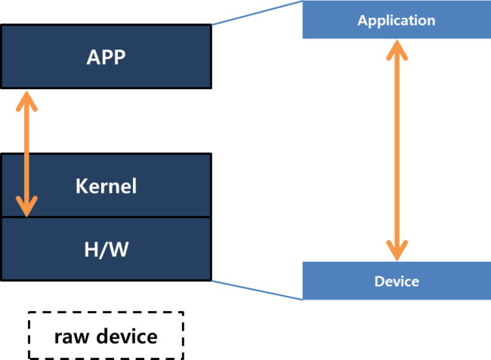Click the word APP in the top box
pyautogui.click(x=106, y=57)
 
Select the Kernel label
pyautogui.click(x=106, y=186)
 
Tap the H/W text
pyautogui.click(x=106, y=249)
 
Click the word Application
pyautogui.click(x=397, y=20)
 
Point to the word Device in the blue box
pyautogui.click(x=397, y=282)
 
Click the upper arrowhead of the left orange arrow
pyautogui.click(x=27, y=99)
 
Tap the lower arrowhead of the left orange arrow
pyautogui.click(x=27, y=208)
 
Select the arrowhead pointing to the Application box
pyautogui.click(x=397, y=49)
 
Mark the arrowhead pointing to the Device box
pyautogui.click(x=397, y=251)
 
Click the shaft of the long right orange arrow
pyautogui.click(x=397, y=151)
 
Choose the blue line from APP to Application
pyautogui.click(x=257, y=13)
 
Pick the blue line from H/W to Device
pyautogui.click(x=257, y=290)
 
